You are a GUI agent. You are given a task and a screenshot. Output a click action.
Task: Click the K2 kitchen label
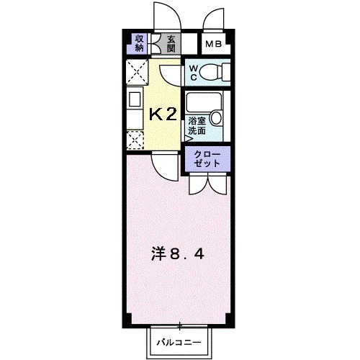click(162, 113)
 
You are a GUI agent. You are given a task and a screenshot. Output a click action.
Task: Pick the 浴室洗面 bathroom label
click(197, 127)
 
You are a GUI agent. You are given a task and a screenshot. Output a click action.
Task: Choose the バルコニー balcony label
click(179, 343)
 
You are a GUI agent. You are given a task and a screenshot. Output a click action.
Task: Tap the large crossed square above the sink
click(137, 73)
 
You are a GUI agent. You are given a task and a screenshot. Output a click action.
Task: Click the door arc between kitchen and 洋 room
click(166, 168)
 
